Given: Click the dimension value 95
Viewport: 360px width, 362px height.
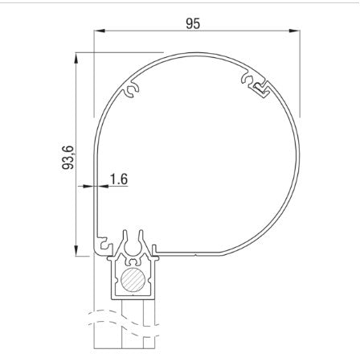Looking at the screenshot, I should (x=193, y=23).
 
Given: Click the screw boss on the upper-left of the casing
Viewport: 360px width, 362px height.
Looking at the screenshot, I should (x=133, y=90).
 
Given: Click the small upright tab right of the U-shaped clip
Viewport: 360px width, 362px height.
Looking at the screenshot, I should (x=156, y=249).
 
